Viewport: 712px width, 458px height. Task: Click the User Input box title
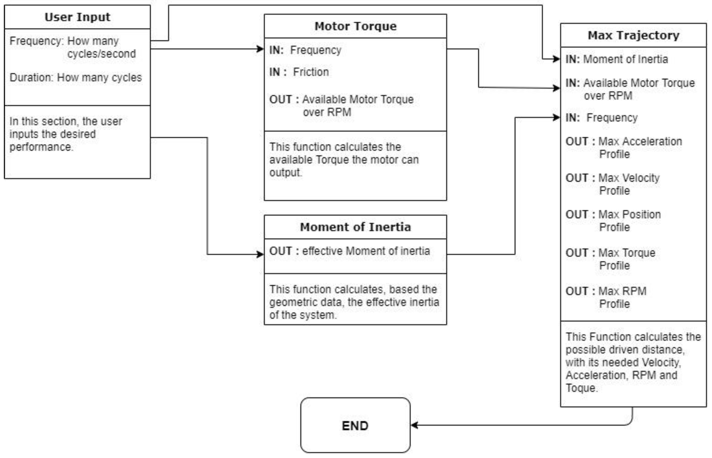[x=77, y=17]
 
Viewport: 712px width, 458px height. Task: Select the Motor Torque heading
[x=355, y=26]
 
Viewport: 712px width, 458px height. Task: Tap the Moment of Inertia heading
[x=355, y=227]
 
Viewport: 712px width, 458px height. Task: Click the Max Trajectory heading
[x=633, y=35]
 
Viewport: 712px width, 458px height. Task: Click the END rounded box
[x=355, y=426]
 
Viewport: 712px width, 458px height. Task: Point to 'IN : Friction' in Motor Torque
[x=299, y=72]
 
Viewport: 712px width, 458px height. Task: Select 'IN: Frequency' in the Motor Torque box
[x=305, y=50]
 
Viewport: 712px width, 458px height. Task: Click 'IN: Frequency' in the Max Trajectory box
[x=601, y=118]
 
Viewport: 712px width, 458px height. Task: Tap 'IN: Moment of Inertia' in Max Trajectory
[x=616, y=59]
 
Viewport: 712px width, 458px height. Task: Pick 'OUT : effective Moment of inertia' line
[x=349, y=251]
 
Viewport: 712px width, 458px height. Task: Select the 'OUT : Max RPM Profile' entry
[x=606, y=297]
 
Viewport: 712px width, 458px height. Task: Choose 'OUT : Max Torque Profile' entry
[x=610, y=259]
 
